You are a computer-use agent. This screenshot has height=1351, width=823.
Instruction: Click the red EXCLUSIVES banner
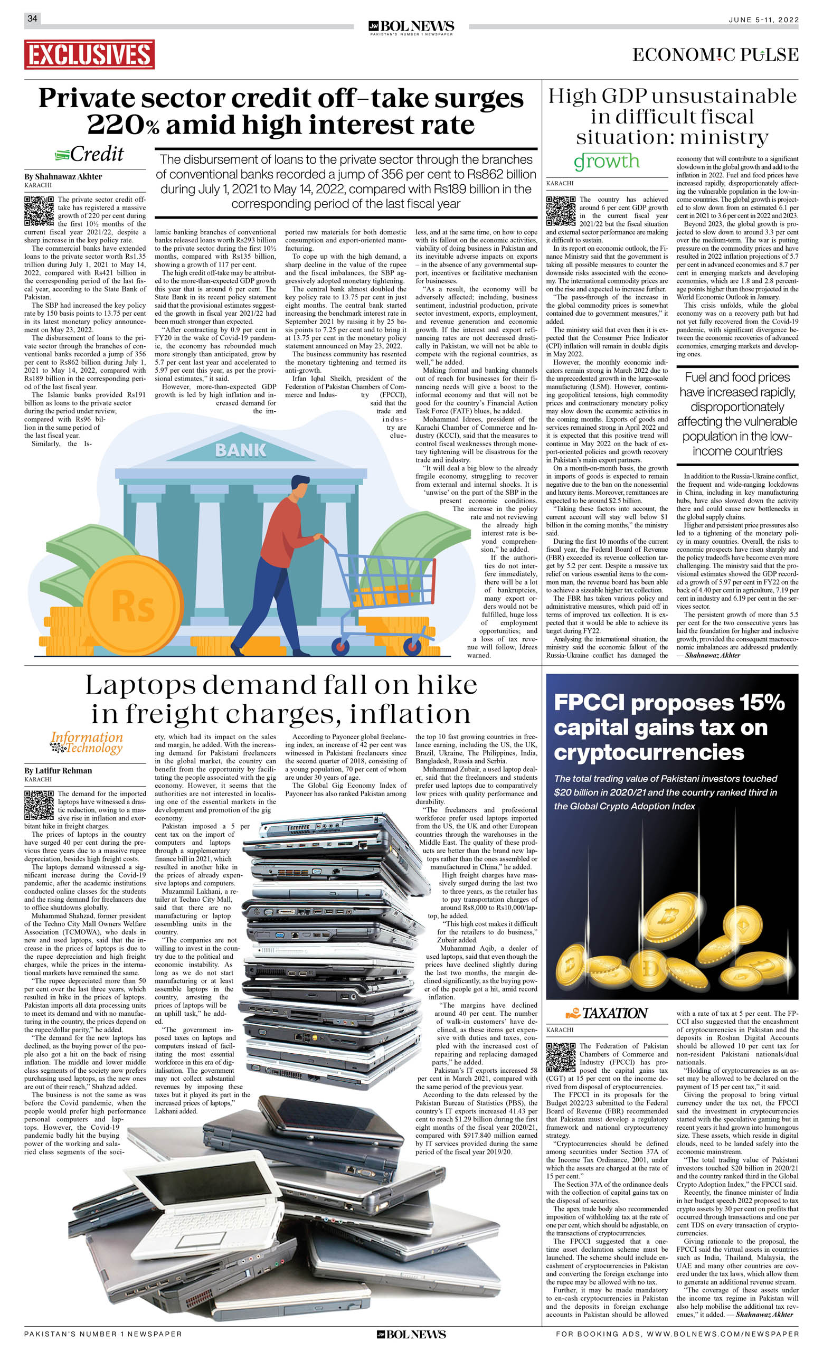[x=89, y=54]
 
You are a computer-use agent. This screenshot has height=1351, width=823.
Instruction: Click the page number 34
[x=32, y=18]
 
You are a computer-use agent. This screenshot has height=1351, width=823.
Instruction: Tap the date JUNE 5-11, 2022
[x=763, y=20]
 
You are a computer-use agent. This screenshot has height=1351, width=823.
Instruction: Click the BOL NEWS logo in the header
[x=411, y=27]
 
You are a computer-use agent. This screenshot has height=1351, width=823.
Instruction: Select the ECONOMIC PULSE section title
[x=715, y=55]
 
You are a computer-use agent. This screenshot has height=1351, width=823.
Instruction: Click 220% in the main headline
[x=123, y=125]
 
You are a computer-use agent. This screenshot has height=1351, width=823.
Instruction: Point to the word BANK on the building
[x=240, y=450]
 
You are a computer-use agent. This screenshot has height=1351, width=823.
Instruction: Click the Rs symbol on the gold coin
[x=133, y=606]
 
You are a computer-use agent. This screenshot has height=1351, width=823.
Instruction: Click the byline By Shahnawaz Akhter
[x=63, y=176]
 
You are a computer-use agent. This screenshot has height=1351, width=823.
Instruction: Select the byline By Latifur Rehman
[x=58, y=770]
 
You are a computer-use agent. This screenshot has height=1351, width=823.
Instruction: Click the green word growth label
[x=607, y=161]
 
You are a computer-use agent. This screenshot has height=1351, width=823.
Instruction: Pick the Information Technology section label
[x=87, y=743]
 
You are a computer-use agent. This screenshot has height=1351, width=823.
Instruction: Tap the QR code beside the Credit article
[x=39, y=211]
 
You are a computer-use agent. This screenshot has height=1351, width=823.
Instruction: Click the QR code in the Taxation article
[x=560, y=1057]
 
